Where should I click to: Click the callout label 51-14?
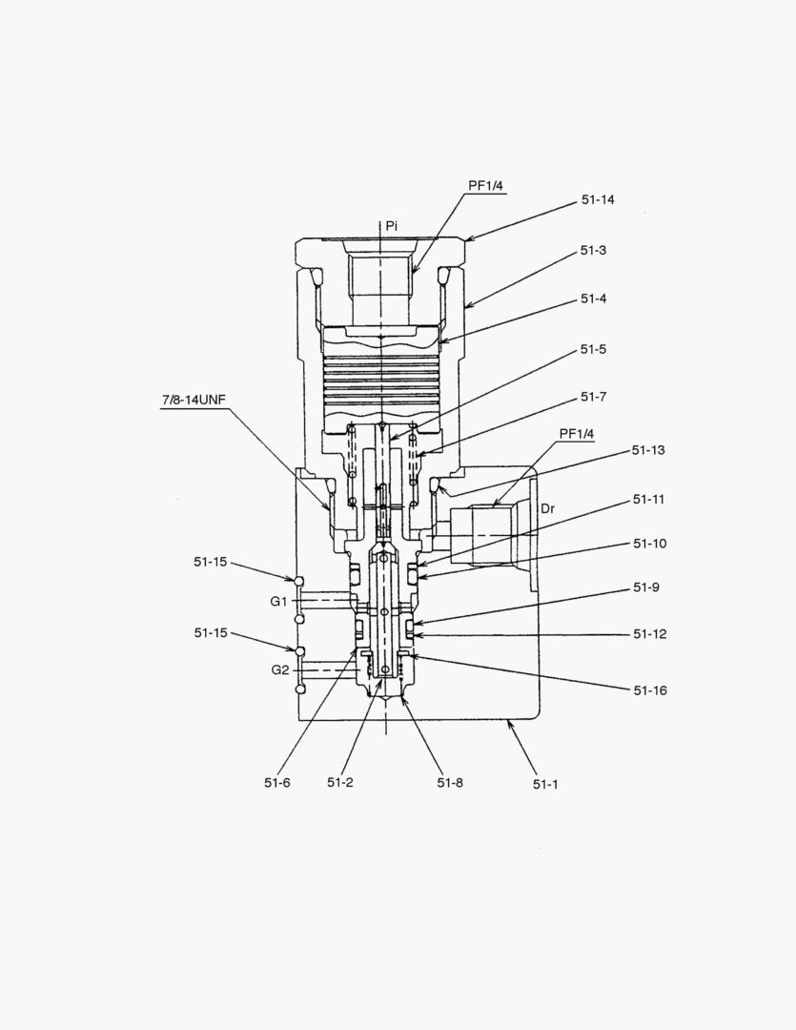tap(598, 199)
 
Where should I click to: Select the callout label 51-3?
tap(593, 250)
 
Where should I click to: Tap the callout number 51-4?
tap(593, 299)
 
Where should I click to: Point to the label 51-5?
tap(593, 349)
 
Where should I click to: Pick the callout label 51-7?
tap(593, 397)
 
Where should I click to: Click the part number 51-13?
tap(648, 450)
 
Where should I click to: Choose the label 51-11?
tap(649, 499)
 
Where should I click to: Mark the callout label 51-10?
tap(649, 544)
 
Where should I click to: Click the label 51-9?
tap(646, 587)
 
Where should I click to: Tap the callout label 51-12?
tap(649, 634)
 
